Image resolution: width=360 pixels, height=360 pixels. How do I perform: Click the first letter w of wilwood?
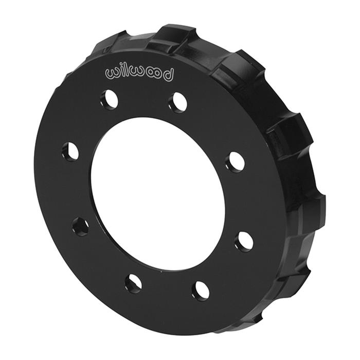pos(113,73)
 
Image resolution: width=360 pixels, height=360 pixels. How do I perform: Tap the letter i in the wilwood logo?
pos(122,72)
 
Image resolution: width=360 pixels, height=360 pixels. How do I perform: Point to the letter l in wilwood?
pos(127,71)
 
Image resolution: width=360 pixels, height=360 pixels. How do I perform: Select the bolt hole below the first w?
pos(110,99)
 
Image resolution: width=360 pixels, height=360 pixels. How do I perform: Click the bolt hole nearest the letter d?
pos(178,102)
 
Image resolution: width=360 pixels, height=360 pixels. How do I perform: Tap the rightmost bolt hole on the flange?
pos(244,241)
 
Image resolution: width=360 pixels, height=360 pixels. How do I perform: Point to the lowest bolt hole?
pos(201,291)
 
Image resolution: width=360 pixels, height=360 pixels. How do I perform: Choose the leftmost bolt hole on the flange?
pos(70,151)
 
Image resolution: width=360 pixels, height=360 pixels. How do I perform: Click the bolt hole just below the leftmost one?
pos(80,226)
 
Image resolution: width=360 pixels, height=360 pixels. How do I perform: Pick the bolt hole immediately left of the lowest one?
pos(133,282)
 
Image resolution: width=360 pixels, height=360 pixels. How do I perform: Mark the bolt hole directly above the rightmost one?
pos(236,162)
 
